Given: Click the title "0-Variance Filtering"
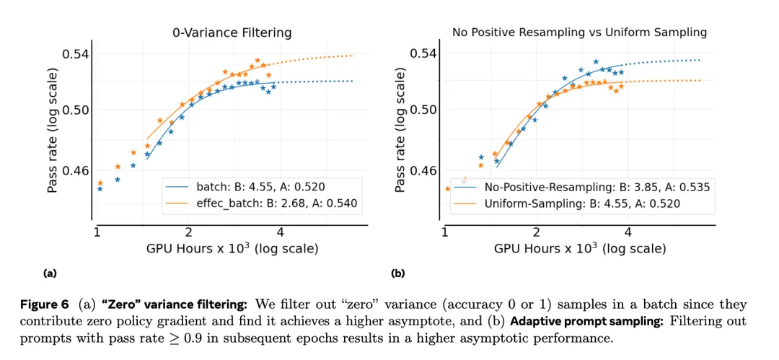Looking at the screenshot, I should [232, 32].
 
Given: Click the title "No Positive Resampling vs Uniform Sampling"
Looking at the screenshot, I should [579, 32].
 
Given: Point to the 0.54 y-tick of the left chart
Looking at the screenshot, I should [75, 54].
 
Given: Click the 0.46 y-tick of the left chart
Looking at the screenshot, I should [75, 171].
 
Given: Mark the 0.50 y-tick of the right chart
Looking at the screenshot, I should [423, 110].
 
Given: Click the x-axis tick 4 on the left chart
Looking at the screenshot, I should [280, 232].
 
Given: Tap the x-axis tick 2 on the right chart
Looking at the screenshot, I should [536, 232].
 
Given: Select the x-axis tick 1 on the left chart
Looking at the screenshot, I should [97, 232].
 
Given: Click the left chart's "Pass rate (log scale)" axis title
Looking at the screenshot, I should [53, 130].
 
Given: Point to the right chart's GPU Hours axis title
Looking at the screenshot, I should [580, 249].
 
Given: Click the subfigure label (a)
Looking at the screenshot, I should [50, 273].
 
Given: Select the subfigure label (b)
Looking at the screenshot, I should [397, 273].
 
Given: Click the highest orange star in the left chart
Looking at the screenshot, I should [257, 61].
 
